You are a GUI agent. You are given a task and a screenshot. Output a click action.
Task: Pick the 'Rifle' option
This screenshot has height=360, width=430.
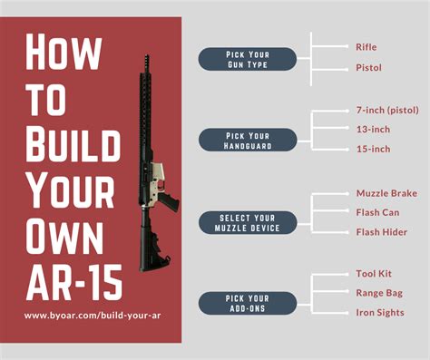[366, 46]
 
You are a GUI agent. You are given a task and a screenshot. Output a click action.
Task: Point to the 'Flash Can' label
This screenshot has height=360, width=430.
[376, 213]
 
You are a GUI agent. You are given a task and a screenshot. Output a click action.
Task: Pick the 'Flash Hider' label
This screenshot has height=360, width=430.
[380, 232]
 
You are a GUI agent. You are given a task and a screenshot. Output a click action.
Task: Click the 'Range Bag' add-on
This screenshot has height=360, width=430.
[376, 293]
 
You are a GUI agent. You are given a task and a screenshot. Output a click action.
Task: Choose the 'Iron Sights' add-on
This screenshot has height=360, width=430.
[379, 313]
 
